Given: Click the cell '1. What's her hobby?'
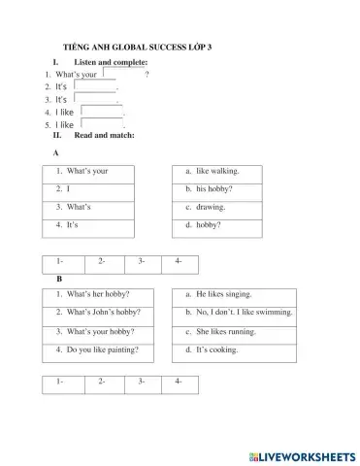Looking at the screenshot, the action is (x=97, y=294).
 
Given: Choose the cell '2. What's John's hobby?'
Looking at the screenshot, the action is (x=97, y=312).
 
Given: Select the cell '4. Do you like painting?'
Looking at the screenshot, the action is (x=97, y=348).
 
